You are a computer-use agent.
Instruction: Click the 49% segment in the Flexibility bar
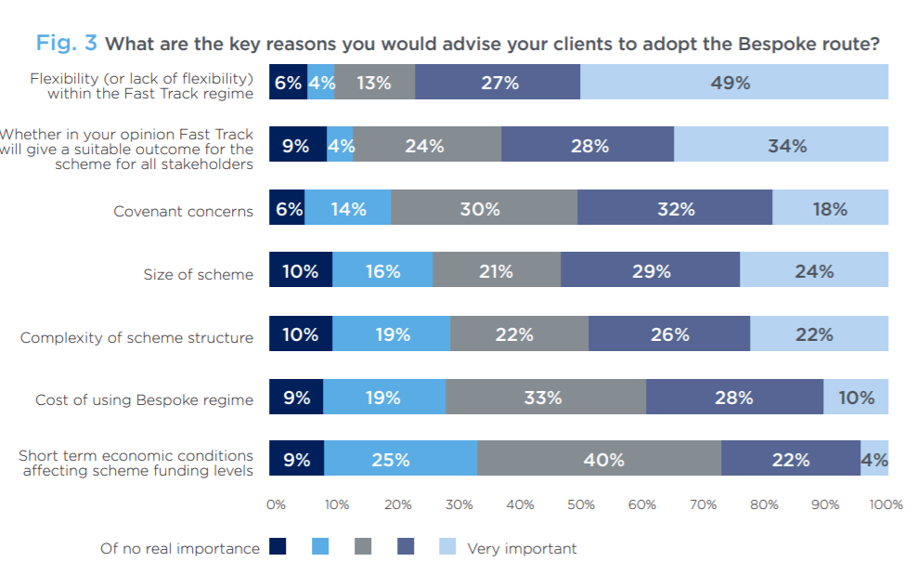coord(733,83)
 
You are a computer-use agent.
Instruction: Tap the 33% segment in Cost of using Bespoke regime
coord(545,398)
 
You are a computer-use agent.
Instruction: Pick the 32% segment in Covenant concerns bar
coord(675,209)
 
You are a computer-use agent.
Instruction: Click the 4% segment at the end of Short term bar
coord(874,459)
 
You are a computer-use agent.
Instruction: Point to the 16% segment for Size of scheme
coord(381,271)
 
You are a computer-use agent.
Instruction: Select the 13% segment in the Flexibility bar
coord(374,83)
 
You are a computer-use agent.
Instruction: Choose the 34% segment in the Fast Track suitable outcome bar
coord(781,146)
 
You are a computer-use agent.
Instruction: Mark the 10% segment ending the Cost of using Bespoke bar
coord(856,398)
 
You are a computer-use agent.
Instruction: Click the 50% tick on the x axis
coord(580,505)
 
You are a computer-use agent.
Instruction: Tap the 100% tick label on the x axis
coord(885,505)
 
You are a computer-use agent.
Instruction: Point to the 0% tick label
coord(276,505)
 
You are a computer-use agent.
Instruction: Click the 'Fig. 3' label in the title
coord(67,44)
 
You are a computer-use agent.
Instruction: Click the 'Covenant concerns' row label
coord(183,211)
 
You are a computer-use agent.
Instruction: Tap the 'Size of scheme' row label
coord(198,274)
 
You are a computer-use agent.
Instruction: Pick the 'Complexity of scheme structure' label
coord(136,337)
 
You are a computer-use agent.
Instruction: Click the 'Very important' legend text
coord(522,549)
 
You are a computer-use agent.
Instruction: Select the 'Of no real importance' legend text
coord(180,549)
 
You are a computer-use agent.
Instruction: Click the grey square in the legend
coord(363,547)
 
